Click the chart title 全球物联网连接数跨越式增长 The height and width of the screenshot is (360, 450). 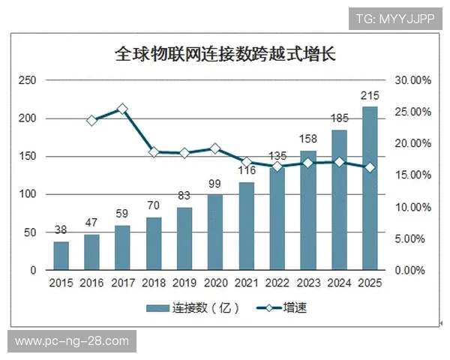coord(225,54)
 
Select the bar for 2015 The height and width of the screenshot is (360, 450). coord(61,256)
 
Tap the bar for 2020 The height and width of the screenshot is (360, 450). coord(215,232)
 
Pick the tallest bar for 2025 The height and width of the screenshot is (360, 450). coord(370,187)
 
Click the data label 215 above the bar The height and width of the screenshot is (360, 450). coord(370,95)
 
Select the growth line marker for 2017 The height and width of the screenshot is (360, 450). coord(123,109)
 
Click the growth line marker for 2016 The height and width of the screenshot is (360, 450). coord(91,120)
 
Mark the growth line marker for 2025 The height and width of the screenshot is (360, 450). coord(370,167)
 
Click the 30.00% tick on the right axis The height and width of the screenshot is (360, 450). coord(412,80)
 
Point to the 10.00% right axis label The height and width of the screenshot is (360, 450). coord(412,207)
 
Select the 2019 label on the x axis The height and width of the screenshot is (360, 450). coord(184,283)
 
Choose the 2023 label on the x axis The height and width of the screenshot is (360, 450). coord(308,283)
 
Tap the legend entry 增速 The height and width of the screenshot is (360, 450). coord(281,307)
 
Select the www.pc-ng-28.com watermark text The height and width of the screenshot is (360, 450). coord(71,341)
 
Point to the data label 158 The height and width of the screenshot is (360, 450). coord(308,139)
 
